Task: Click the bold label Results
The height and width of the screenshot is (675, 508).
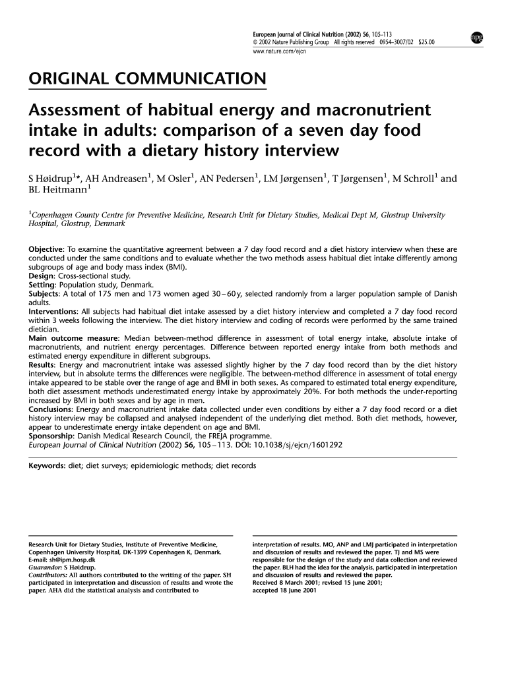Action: click(42, 365)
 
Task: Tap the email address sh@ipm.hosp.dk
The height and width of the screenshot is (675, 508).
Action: click(69, 559)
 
